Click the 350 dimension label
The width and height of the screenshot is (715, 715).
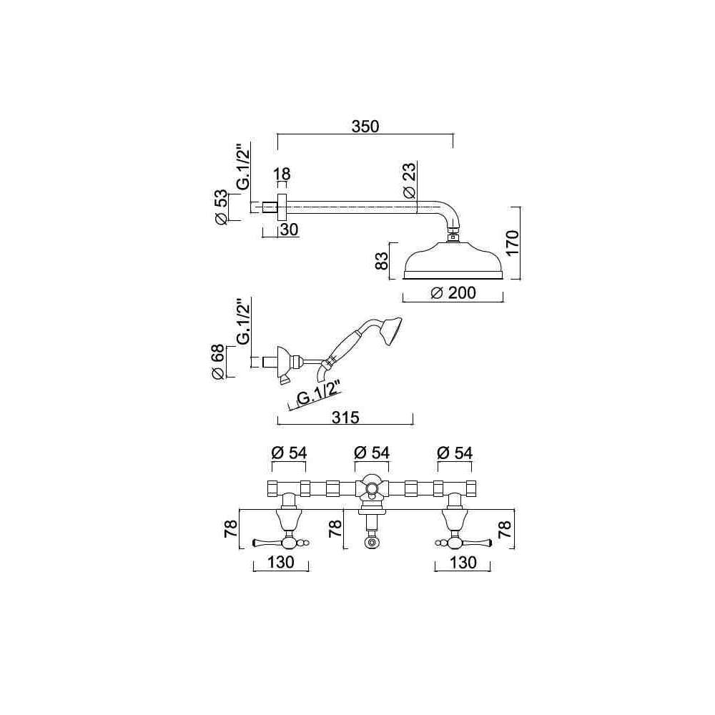365,126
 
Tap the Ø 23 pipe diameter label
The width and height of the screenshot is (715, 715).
409,181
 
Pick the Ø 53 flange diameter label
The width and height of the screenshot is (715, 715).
222,207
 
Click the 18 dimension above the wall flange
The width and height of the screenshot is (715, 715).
282,174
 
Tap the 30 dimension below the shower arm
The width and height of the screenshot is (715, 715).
287,229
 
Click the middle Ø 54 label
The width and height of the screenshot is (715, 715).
372,453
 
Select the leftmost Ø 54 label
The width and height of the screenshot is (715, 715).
290,453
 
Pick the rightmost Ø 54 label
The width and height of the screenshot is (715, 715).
453,453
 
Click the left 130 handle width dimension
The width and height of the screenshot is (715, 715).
282,563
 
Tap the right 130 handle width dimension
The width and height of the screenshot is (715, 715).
463,563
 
